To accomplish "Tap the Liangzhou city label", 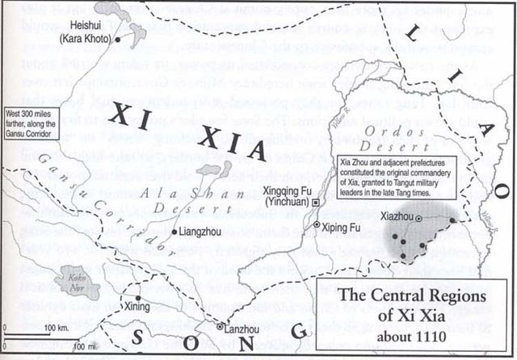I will pos(200,232).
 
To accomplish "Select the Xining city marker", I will pos(122,296).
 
